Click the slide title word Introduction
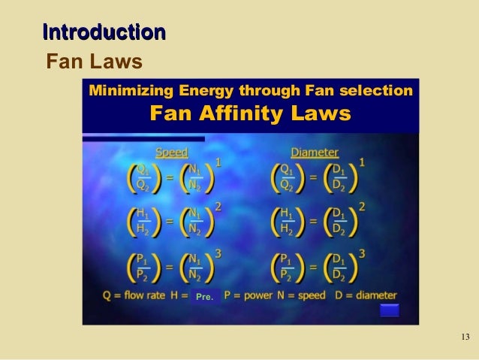click(x=104, y=32)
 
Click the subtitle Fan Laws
click(x=94, y=60)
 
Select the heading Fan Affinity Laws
click(x=250, y=114)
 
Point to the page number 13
click(x=463, y=335)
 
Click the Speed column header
click(x=171, y=151)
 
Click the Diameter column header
click(x=315, y=151)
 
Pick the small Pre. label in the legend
click(x=204, y=297)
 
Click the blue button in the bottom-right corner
click(x=390, y=310)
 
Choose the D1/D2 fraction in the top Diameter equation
click(x=339, y=177)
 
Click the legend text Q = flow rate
click(x=134, y=295)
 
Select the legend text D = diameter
click(x=366, y=295)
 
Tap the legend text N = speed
click(x=298, y=295)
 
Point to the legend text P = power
click(x=246, y=295)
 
